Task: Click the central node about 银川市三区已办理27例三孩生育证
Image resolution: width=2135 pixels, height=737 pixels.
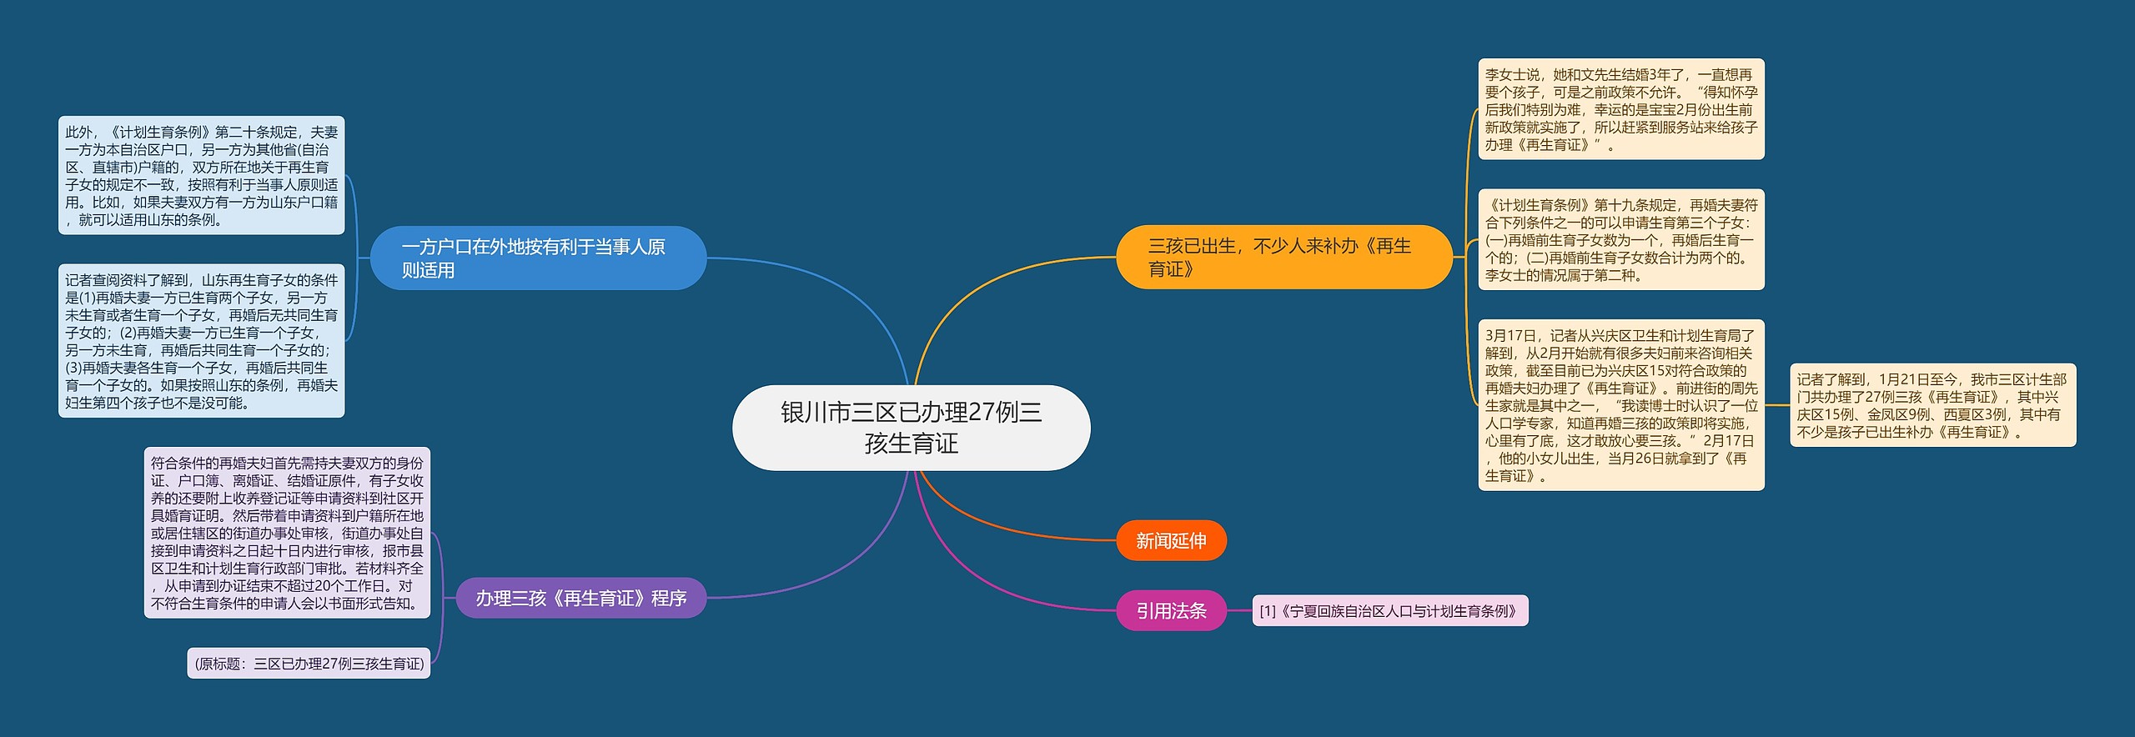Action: pyautogui.click(x=911, y=428)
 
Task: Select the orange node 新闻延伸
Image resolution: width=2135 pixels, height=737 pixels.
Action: pyautogui.click(x=1171, y=541)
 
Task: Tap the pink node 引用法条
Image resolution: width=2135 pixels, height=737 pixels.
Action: pyautogui.click(x=1171, y=611)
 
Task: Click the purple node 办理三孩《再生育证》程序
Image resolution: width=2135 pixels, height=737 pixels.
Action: pyautogui.click(x=580, y=599)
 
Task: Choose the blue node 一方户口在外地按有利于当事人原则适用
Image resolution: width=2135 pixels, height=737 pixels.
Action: pyautogui.click(x=538, y=258)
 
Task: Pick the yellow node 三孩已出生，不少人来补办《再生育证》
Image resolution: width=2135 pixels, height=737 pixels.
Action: pyautogui.click(x=1284, y=258)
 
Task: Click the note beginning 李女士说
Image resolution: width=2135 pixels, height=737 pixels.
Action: pyautogui.click(x=1620, y=109)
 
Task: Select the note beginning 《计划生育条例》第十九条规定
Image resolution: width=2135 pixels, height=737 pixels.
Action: pyautogui.click(x=1620, y=240)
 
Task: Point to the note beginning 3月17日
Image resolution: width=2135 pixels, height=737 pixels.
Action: pyautogui.click(x=1620, y=405)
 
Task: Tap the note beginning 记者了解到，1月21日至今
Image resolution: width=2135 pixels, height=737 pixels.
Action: pyautogui.click(x=1932, y=405)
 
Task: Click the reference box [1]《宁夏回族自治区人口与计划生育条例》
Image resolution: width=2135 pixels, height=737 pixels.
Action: pyautogui.click(x=1389, y=611)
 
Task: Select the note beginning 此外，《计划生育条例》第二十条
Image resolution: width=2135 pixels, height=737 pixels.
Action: pyautogui.click(x=201, y=176)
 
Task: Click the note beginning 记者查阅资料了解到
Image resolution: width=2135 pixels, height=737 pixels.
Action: pyautogui.click(x=201, y=342)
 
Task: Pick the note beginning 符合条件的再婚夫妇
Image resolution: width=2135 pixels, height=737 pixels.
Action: pyautogui.click(x=287, y=533)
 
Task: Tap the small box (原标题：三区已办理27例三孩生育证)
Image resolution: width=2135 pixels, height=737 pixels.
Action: pyautogui.click(x=309, y=664)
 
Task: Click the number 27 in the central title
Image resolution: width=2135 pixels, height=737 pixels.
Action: pyautogui.click(x=982, y=413)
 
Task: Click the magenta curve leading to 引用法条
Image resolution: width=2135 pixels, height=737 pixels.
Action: pyautogui.click(x=984, y=584)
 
